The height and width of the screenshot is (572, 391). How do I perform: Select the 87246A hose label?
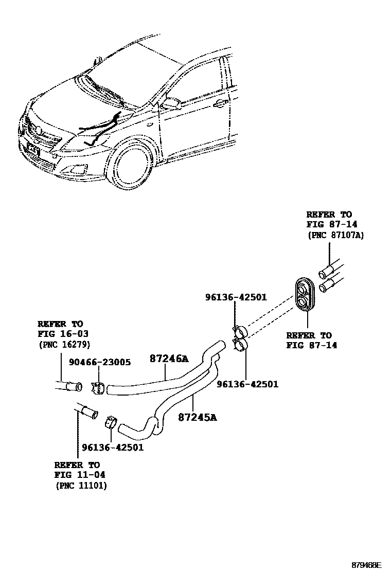(169, 359)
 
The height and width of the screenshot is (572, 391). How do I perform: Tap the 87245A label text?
(198, 417)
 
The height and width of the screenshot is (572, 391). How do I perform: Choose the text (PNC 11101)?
(81, 486)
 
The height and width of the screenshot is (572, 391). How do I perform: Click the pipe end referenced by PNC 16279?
(70, 386)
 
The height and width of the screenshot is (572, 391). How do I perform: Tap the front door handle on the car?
(220, 104)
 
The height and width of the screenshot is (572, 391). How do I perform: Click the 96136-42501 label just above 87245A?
(247, 384)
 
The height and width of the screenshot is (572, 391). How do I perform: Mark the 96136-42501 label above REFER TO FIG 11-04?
(113, 448)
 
